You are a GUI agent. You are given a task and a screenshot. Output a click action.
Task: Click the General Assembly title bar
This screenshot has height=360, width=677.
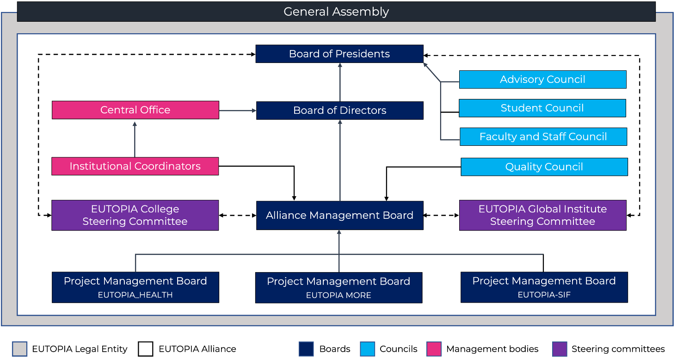[x=336, y=12]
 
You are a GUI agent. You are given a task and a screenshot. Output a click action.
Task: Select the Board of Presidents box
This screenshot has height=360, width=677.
[x=339, y=54]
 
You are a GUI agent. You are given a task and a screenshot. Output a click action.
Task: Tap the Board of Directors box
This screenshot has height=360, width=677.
[x=339, y=111]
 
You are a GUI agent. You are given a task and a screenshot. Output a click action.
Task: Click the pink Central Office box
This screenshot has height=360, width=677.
[x=135, y=110]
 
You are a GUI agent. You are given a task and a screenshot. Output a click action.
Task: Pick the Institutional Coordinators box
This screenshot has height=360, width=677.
[x=135, y=166]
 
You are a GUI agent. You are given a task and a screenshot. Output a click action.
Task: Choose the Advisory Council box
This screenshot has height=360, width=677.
[x=542, y=80]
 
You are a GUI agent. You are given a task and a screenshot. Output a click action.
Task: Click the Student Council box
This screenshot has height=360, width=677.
[x=542, y=108]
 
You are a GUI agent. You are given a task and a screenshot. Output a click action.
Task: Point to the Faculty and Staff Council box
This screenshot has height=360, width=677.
[x=543, y=137]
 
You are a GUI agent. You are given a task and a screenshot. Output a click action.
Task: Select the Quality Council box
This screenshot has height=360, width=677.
[x=544, y=167]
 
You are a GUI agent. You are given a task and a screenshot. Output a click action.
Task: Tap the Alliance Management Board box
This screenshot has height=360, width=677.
[x=339, y=216]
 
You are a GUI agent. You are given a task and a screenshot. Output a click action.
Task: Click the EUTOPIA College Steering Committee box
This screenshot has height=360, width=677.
[x=135, y=215]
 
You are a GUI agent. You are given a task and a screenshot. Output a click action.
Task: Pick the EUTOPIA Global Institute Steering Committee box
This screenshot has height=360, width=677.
[x=542, y=215]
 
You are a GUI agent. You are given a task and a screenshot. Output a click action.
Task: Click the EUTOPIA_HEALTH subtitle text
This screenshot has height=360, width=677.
[x=135, y=295]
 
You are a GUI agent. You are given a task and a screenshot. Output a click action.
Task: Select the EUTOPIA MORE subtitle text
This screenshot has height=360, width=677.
[x=338, y=295]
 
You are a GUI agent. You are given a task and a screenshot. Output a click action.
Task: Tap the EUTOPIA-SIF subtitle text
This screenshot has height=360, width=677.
[x=544, y=294]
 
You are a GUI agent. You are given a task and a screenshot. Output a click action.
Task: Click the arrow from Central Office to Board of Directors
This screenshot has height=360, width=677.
[x=237, y=111]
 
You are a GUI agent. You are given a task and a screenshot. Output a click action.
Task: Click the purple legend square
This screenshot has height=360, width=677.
[x=560, y=349]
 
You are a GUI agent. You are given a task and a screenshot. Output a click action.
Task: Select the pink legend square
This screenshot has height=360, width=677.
[x=434, y=349]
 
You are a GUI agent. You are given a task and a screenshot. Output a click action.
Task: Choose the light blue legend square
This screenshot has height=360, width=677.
[x=368, y=349]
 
